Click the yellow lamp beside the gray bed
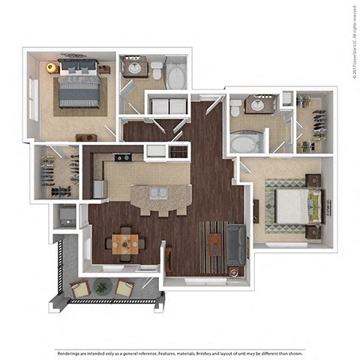pos(51,67)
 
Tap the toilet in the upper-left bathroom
pos(157,70)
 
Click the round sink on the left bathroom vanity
pos(135,68)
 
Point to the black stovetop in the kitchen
pos(122,157)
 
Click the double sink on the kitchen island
pos(158,193)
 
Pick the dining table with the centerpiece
pos(125,243)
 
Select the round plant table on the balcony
pos(102,287)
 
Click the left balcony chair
pos(79,288)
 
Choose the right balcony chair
pos(124,288)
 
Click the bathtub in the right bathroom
pos(246,142)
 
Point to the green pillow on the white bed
pos(317,205)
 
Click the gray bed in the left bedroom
pos(79,88)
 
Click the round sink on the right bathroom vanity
pos(259,105)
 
